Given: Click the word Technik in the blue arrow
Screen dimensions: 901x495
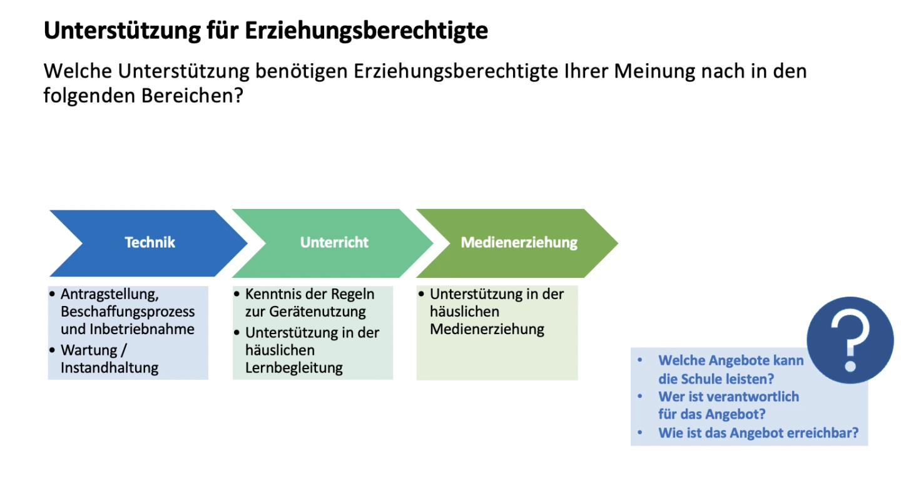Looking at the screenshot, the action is (150, 242).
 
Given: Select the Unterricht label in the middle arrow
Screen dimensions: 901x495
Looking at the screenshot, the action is (334, 242).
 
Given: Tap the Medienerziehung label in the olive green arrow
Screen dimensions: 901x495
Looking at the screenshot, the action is (519, 242).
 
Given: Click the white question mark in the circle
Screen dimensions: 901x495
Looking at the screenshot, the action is (850, 342).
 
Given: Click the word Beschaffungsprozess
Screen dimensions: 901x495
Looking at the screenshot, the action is (128, 312).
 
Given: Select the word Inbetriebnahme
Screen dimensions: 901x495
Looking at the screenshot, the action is (142, 329).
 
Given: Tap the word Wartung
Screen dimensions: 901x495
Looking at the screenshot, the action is (89, 350).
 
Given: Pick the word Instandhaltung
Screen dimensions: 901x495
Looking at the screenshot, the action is (109, 368).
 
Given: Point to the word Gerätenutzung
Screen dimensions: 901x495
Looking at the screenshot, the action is (317, 312).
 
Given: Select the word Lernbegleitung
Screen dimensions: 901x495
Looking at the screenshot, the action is (294, 368).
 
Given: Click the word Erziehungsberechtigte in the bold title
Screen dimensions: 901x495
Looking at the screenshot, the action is (366, 31).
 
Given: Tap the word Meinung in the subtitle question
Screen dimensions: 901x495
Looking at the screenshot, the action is (654, 71).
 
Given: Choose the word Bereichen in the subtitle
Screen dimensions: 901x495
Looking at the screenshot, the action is (192, 96).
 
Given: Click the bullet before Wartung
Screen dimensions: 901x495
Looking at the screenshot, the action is (52, 350).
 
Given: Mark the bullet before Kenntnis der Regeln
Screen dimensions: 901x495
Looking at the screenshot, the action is (237, 294).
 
